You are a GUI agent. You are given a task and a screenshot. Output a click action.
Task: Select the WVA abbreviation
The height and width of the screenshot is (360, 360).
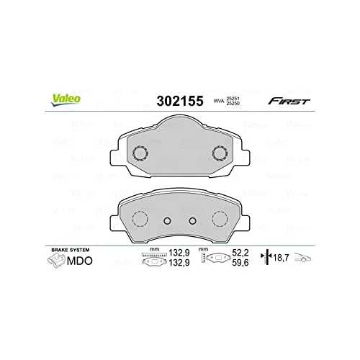tap(217, 102)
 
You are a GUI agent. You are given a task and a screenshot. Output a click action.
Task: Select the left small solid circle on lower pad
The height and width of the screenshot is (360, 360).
tap(166, 221)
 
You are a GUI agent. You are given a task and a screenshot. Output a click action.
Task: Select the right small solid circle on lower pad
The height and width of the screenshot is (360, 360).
tap(193, 221)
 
